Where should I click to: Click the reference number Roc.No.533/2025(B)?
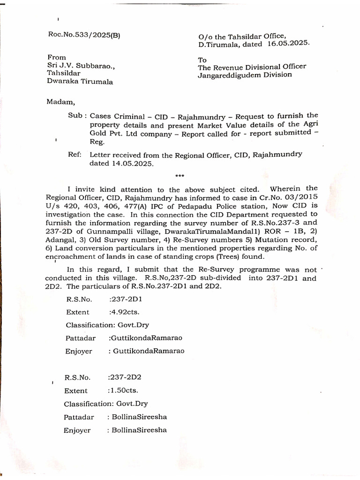point(84,34)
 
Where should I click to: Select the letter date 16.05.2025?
point(289,43)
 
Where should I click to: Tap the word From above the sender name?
point(57,57)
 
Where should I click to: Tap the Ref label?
point(75,154)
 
